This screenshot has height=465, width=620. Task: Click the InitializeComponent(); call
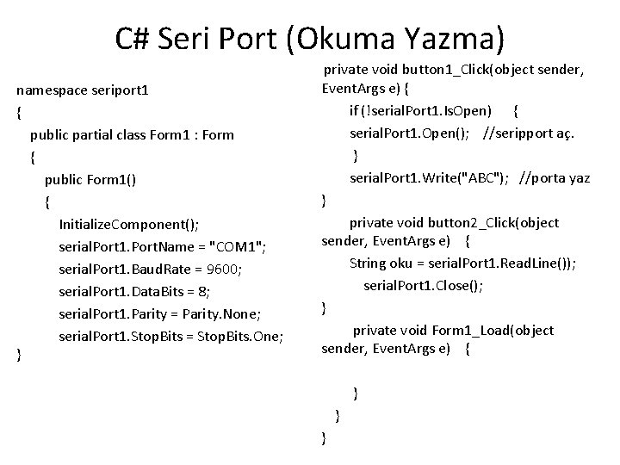(x=129, y=225)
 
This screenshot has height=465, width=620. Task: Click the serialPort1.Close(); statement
(x=423, y=284)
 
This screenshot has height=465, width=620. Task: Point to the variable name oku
(x=405, y=263)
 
